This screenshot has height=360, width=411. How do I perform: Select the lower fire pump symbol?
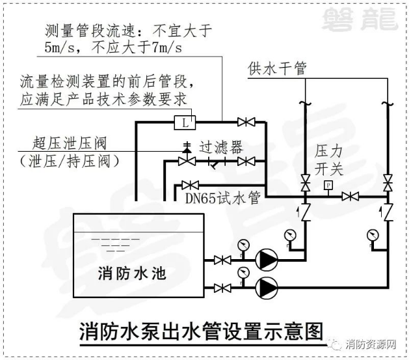tap(266, 286)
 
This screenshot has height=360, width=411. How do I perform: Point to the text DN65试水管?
tap(222, 198)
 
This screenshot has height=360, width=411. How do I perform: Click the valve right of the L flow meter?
tap(246, 122)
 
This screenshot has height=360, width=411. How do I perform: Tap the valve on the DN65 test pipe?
tap(190, 186)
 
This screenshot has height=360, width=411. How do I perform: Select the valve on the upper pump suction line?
tap(224, 260)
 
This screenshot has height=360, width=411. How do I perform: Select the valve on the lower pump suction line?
tap(224, 286)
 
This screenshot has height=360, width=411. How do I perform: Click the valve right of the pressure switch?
tap(352, 196)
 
